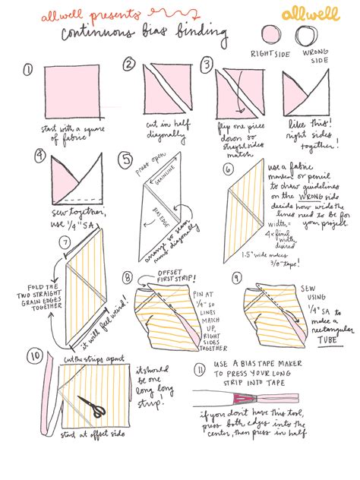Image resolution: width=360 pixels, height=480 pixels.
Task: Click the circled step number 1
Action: (28, 70)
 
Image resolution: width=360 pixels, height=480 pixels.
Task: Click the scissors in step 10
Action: (93, 408)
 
